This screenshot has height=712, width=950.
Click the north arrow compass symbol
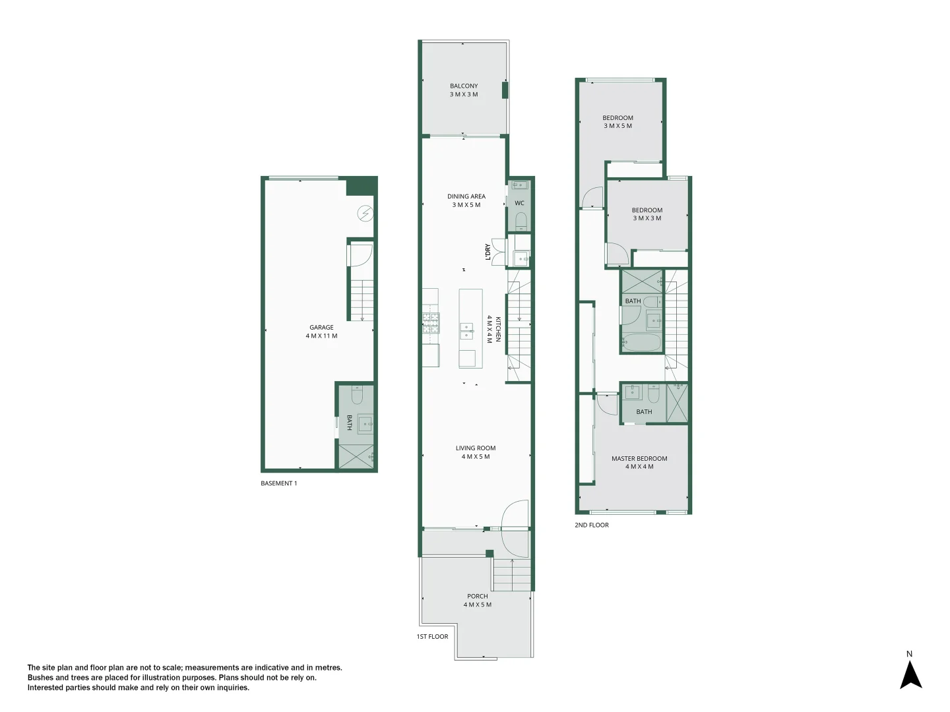[x=910, y=674]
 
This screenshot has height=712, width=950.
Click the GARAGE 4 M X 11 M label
[x=321, y=332]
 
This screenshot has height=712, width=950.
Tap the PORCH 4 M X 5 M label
[x=477, y=600]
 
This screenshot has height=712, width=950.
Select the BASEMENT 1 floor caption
[x=279, y=483]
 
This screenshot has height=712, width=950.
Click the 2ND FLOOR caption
[x=592, y=525]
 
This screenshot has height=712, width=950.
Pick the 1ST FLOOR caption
[x=432, y=637]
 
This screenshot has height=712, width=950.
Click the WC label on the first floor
[x=519, y=203]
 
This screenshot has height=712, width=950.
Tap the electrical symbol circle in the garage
[x=364, y=213]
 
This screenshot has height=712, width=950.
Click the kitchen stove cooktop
[x=431, y=322]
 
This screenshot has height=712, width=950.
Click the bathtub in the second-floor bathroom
[x=641, y=343]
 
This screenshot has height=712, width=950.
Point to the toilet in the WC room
[x=521, y=220]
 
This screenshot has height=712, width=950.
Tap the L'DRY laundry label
[x=488, y=252]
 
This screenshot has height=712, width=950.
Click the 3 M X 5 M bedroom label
[x=617, y=122]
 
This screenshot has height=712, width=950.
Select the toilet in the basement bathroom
[x=357, y=396]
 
